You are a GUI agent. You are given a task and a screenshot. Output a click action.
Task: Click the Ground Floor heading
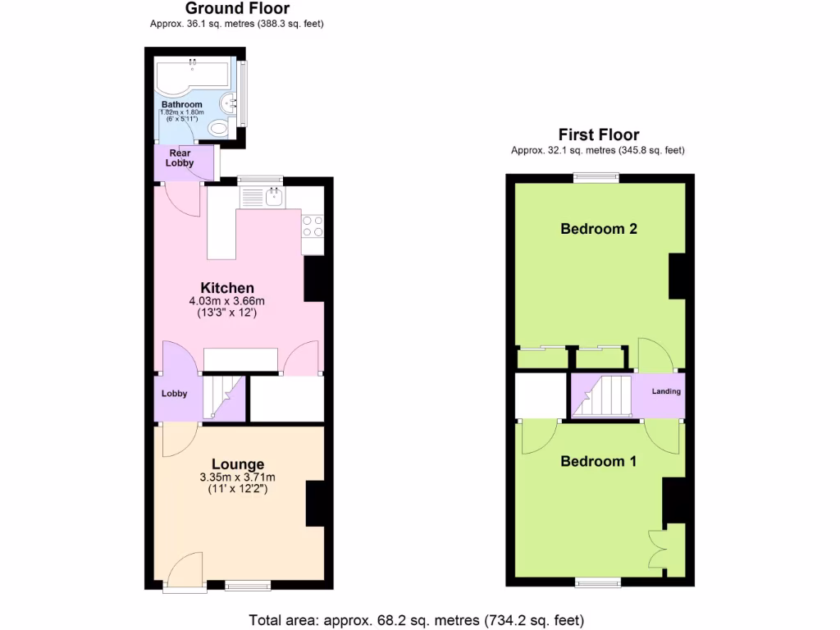237,9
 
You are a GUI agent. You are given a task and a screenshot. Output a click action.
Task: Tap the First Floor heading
598,135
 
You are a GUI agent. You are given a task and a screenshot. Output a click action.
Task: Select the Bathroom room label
181,105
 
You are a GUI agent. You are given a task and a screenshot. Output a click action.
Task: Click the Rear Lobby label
180,157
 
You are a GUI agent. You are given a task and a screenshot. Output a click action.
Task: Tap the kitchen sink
272,197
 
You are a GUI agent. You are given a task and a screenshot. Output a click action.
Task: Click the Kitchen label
227,288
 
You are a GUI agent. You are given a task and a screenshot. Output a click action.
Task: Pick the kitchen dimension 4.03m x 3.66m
227,301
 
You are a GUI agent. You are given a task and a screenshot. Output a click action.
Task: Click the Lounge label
238,464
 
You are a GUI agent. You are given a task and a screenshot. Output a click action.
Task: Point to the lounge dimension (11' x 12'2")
238,490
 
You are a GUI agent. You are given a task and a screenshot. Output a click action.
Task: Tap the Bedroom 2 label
599,229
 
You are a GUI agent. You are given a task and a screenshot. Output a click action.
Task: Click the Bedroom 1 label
598,461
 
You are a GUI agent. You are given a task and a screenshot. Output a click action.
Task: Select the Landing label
666,391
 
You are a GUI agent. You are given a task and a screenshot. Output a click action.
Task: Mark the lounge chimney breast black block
316,504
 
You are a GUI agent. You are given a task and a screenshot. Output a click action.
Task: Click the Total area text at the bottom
417,619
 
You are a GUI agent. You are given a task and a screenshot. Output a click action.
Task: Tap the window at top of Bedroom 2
596,176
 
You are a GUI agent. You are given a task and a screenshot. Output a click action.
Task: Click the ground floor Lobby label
174,394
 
